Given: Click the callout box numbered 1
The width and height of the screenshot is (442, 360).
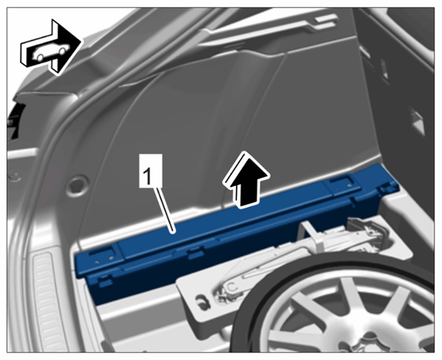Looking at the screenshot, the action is [x=151, y=170].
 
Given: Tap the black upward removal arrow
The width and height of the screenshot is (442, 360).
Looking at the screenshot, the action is [x=246, y=180].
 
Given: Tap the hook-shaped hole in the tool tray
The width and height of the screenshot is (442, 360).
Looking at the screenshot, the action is [x=203, y=300].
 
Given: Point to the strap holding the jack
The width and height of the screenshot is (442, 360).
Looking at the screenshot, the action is [x=313, y=234].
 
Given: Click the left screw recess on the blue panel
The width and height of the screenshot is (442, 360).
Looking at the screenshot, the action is [x=103, y=257].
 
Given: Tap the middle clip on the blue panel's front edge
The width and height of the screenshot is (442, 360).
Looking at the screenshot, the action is [x=196, y=253].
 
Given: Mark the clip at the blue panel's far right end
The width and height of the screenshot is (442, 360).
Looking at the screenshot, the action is [x=387, y=187].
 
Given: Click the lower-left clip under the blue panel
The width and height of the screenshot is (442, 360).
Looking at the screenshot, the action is [x=105, y=281].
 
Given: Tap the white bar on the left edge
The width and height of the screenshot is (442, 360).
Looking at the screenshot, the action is [x=22, y=153].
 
